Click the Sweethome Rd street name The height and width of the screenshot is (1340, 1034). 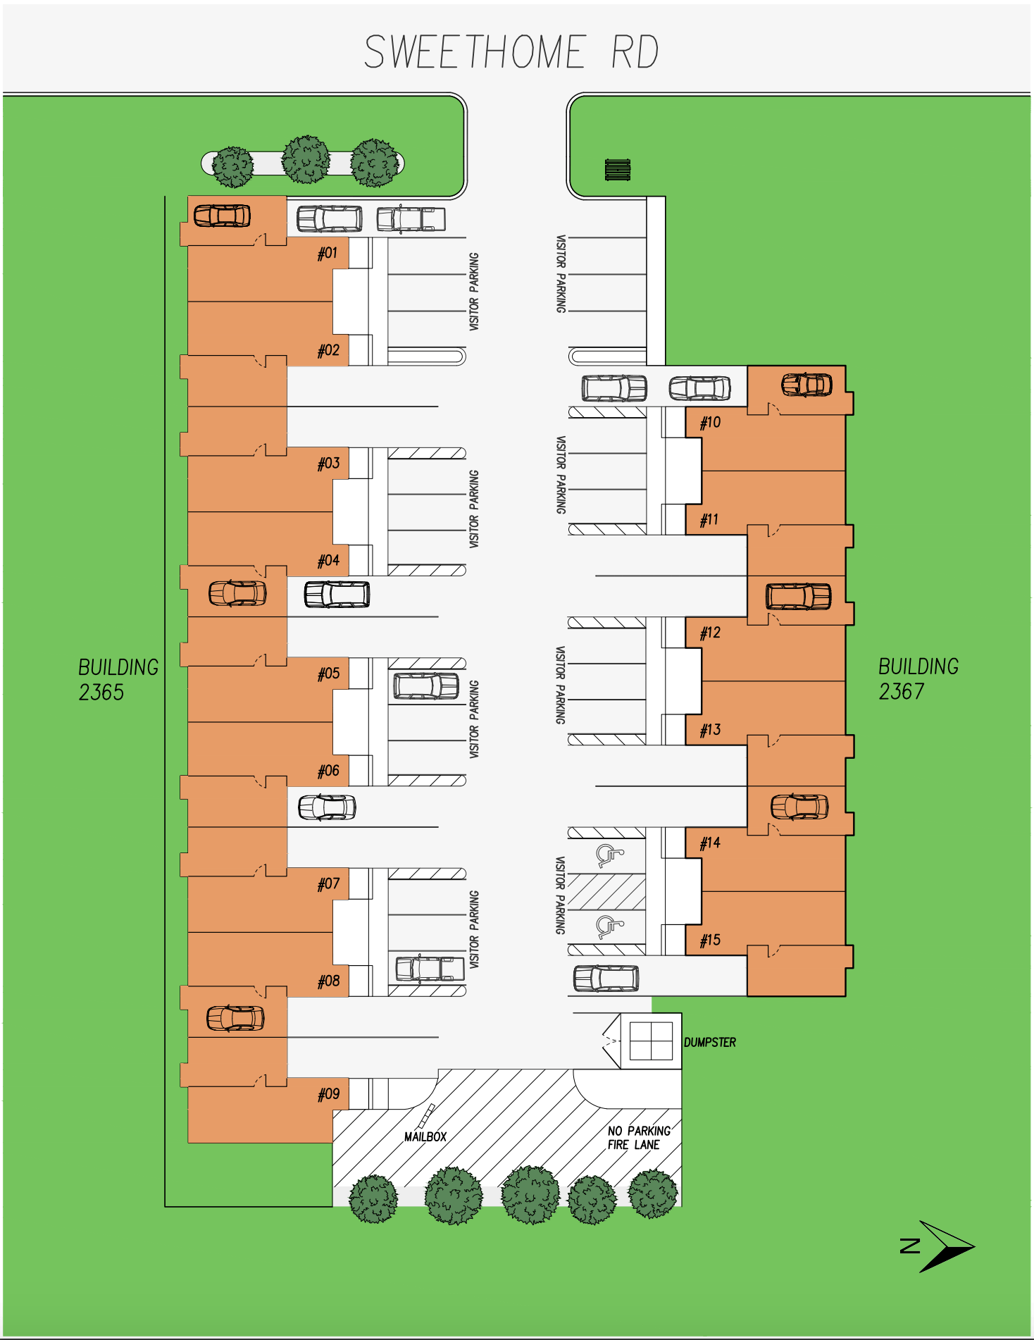pos(511,52)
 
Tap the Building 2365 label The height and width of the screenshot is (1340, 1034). pos(118,680)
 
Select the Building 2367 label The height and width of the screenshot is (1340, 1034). pos(918,679)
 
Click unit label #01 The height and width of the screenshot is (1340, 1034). pos(328,253)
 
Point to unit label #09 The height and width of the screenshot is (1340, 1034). pos(328,1094)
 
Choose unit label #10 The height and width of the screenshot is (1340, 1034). pos(710,423)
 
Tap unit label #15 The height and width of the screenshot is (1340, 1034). pos(710,941)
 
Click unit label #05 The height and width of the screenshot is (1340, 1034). pos(328,674)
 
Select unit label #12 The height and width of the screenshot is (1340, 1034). pos(710,633)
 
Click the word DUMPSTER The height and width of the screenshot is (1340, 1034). pos(710,1042)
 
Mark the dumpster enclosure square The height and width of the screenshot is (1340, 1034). pos(651,1041)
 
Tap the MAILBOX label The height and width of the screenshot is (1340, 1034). pos(425,1136)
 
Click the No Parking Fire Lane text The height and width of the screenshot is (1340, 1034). pos(639,1138)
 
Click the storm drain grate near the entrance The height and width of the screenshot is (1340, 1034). pos(618,170)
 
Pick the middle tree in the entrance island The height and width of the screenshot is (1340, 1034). pos(306,160)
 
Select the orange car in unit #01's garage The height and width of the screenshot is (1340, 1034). pos(222,216)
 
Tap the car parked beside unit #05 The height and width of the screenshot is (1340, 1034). pos(426,686)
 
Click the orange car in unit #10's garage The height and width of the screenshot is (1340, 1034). pos(806,385)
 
